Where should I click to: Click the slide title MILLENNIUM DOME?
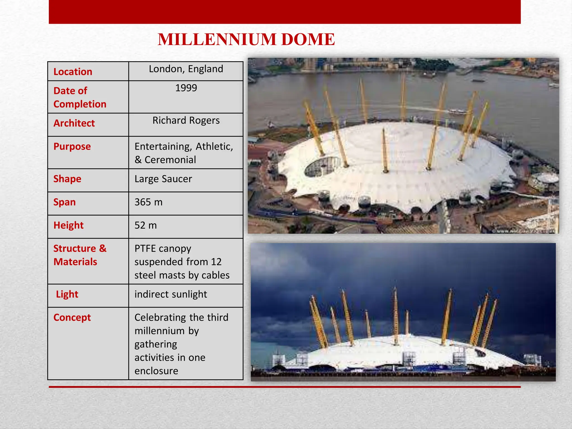(246, 39)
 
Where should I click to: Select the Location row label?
(73, 72)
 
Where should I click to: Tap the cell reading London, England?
(186, 69)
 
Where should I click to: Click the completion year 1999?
(186, 88)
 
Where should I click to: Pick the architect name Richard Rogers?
(186, 120)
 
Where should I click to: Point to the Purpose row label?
(72, 146)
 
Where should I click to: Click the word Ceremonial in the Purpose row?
(170, 160)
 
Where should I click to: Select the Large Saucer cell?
(163, 179)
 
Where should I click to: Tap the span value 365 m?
(148, 202)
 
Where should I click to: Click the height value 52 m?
(146, 225)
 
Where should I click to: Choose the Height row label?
(68, 225)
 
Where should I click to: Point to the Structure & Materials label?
(80, 255)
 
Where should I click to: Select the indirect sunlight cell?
(171, 294)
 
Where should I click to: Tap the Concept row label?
(72, 317)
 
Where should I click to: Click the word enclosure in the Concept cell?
(156, 371)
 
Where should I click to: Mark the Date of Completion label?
(80, 97)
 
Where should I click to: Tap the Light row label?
(67, 294)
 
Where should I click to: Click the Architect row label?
(74, 123)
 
